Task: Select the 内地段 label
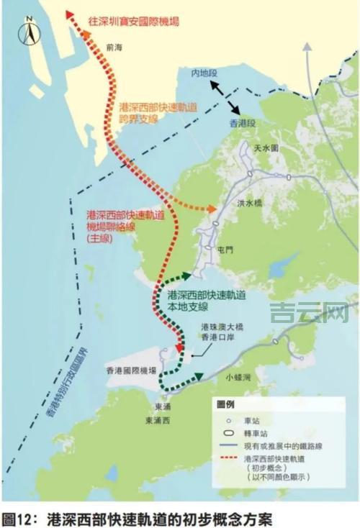coord(202,74)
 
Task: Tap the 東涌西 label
coord(158,421)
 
